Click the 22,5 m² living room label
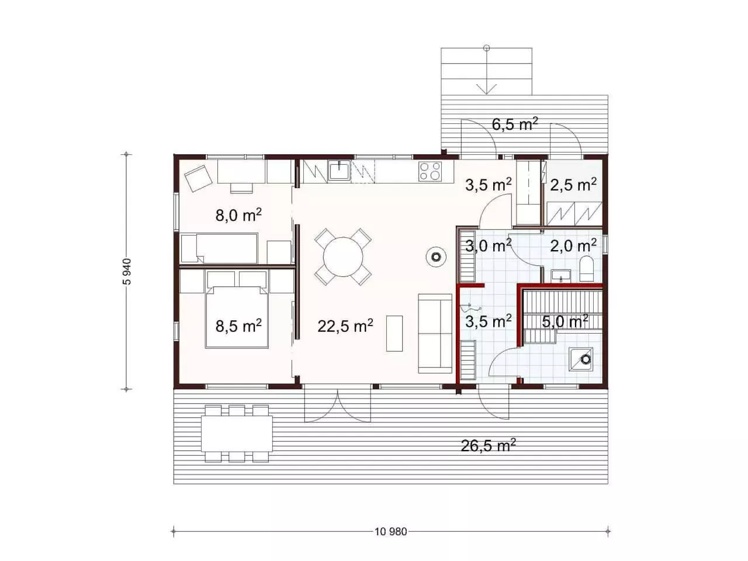click(345, 326)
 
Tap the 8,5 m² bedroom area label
click(238, 326)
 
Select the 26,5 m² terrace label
click(488, 445)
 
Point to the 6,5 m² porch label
click(515, 124)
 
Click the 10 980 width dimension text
click(390, 532)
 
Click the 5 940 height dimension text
click(127, 272)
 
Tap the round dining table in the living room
click(343, 257)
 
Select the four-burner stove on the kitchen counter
click(430, 171)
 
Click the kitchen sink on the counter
click(340, 170)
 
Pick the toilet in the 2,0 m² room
click(586, 269)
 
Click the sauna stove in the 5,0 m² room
click(581, 359)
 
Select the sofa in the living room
click(435, 334)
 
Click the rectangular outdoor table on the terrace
click(237, 433)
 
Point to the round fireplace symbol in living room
click(436, 257)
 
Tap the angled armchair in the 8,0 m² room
click(199, 178)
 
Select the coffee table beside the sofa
click(394, 334)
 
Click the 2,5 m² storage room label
click(573, 185)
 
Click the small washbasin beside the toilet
click(560, 276)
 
